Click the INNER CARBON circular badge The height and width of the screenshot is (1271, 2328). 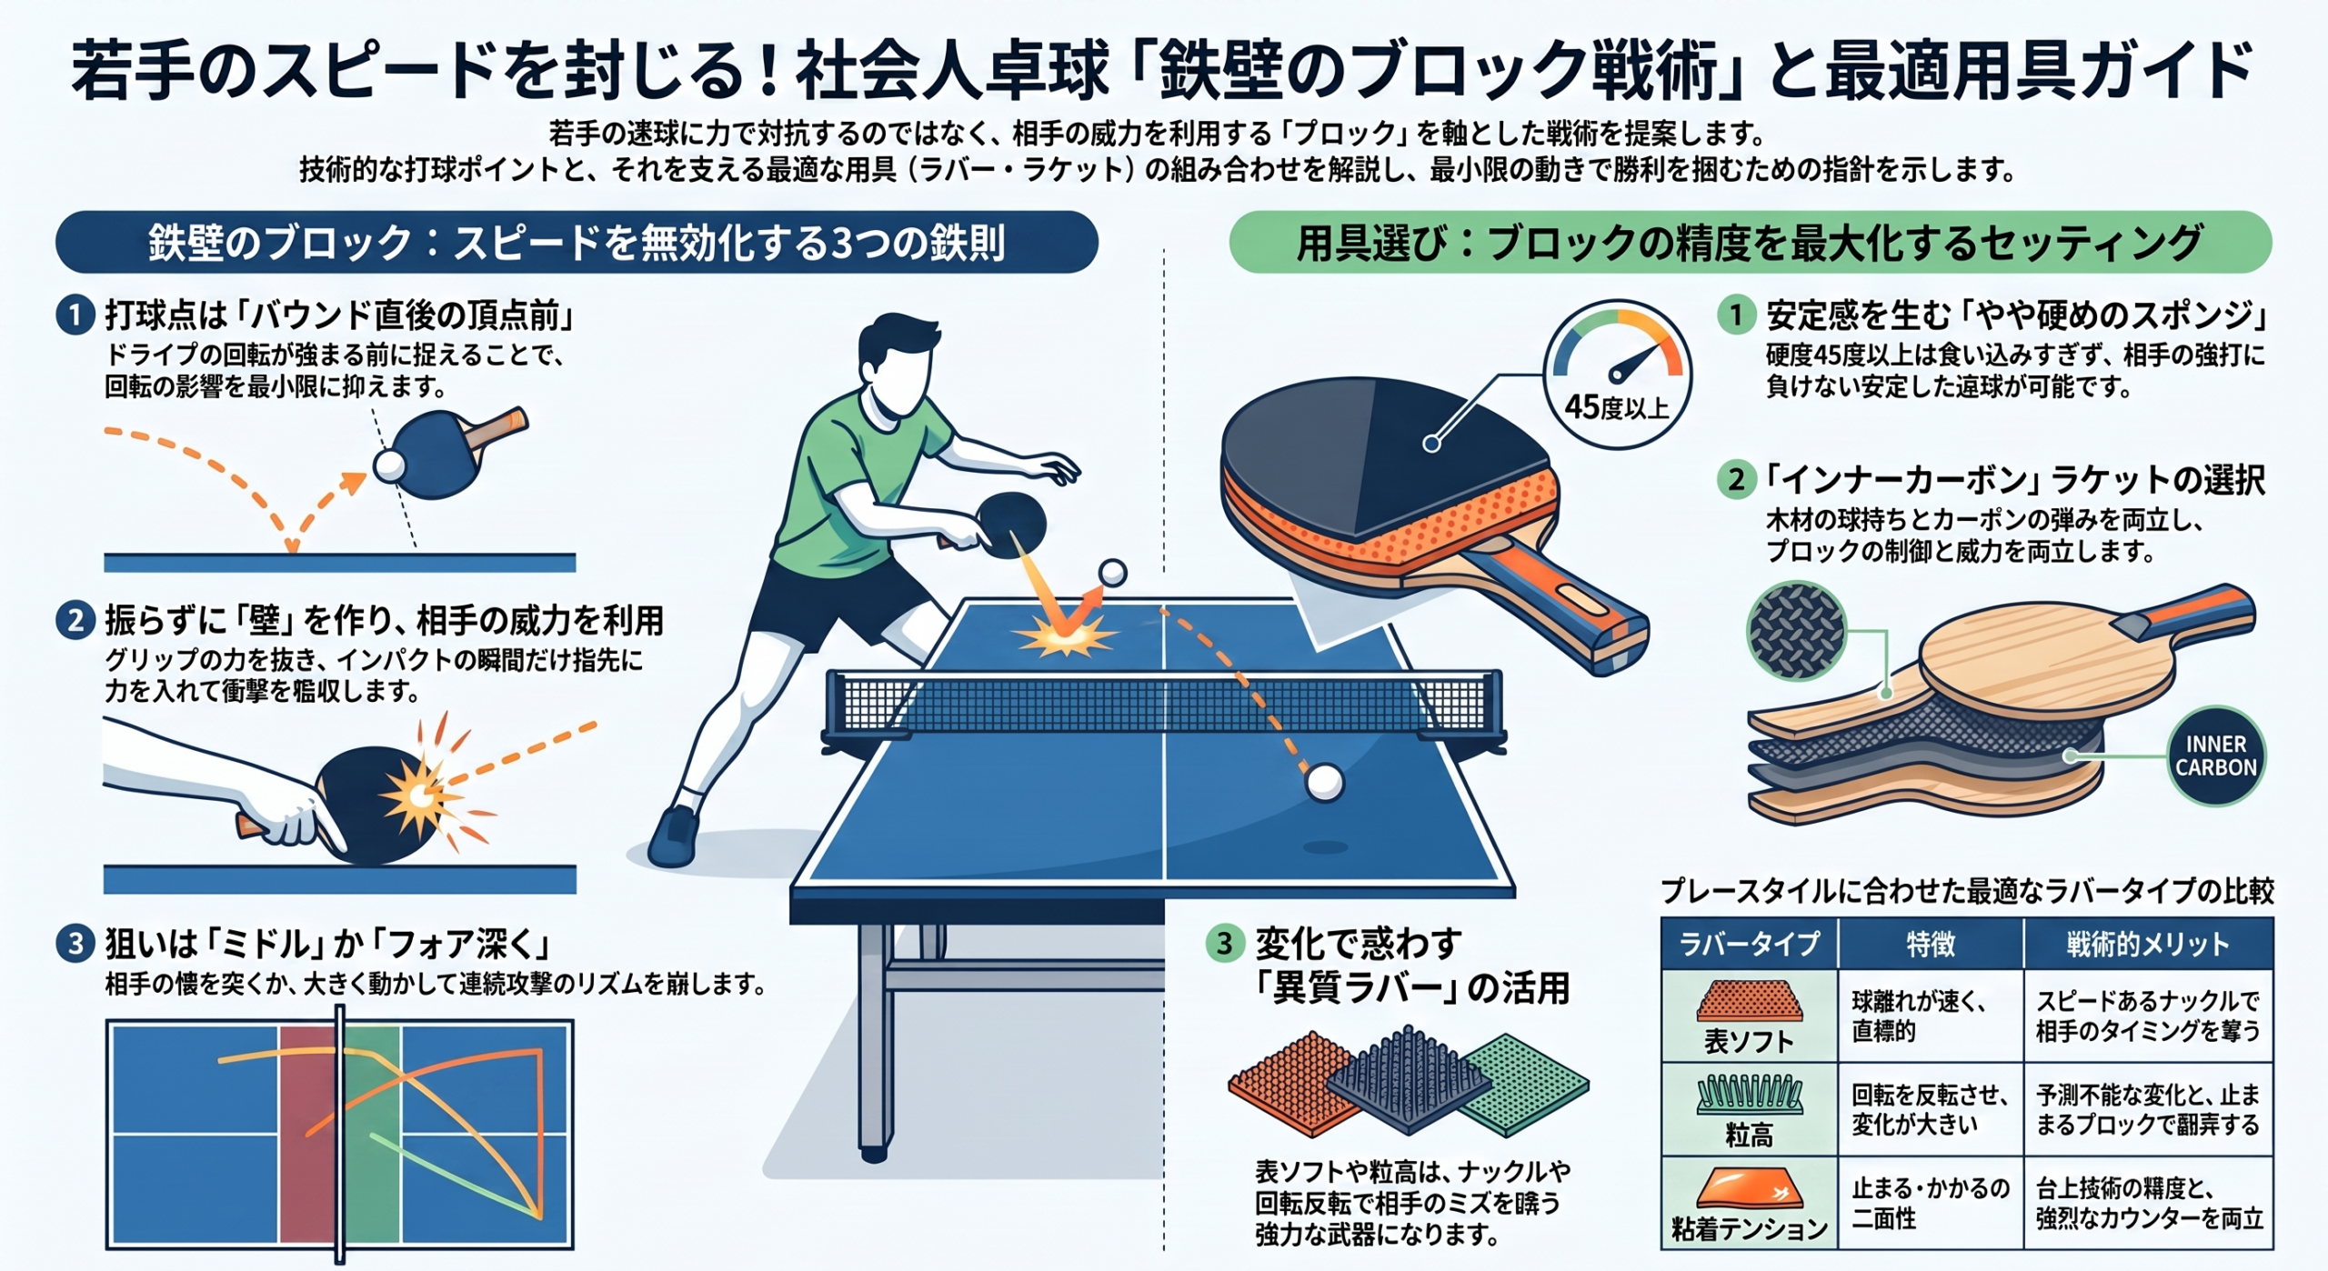(2214, 756)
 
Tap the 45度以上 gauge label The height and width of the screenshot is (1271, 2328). (1617, 407)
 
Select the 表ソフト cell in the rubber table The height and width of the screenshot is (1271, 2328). (1749, 1016)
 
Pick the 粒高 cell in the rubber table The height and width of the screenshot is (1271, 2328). (1749, 1109)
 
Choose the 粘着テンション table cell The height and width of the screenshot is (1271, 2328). (1749, 1203)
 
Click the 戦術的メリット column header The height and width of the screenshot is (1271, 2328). (2148, 944)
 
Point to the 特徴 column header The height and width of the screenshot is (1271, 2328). (1931, 944)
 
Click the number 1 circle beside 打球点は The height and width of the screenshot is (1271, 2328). (75, 315)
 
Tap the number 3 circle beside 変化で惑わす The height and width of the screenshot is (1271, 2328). (1224, 944)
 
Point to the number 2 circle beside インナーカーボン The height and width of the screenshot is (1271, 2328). (1736, 479)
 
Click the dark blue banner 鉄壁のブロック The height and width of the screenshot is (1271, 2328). (577, 242)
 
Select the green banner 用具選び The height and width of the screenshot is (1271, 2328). (1750, 242)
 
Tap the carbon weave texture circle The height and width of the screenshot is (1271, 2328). (1796, 631)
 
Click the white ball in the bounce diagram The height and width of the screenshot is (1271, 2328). (389, 465)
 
